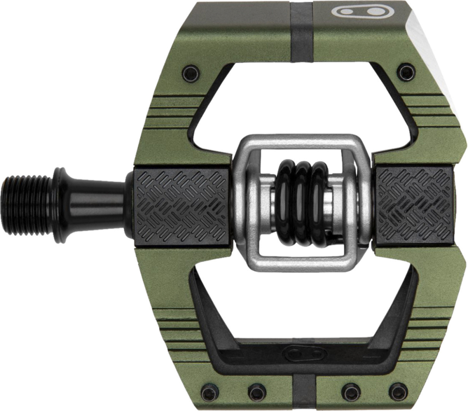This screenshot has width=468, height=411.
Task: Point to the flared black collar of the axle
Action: tap(63, 204)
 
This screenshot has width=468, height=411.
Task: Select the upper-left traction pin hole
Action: tap(190, 73)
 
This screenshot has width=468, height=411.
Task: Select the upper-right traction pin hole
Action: tap(406, 72)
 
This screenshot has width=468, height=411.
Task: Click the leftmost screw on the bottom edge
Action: tap(209, 392)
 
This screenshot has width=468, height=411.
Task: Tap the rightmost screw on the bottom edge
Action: tap(398, 391)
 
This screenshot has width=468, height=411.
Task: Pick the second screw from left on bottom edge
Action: tap(256, 391)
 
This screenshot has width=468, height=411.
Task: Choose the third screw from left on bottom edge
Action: tap(351, 391)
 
